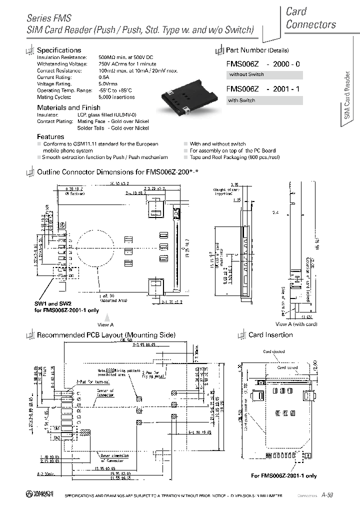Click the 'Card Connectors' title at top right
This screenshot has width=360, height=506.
click(310, 18)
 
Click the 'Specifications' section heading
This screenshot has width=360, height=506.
click(59, 50)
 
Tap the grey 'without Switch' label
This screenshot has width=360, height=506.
click(246, 75)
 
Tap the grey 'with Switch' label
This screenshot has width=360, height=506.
click(242, 100)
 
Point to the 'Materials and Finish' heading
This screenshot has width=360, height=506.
click(68, 107)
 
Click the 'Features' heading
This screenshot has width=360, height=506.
click(50, 136)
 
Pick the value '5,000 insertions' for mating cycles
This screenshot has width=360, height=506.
click(116, 97)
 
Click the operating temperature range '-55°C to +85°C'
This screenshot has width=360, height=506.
click(115, 90)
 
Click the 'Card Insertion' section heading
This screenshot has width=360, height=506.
click(270, 335)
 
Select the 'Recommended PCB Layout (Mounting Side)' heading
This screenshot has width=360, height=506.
click(106, 335)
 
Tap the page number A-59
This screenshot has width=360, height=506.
click(327, 494)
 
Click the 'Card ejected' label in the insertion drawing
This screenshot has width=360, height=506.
click(274, 351)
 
